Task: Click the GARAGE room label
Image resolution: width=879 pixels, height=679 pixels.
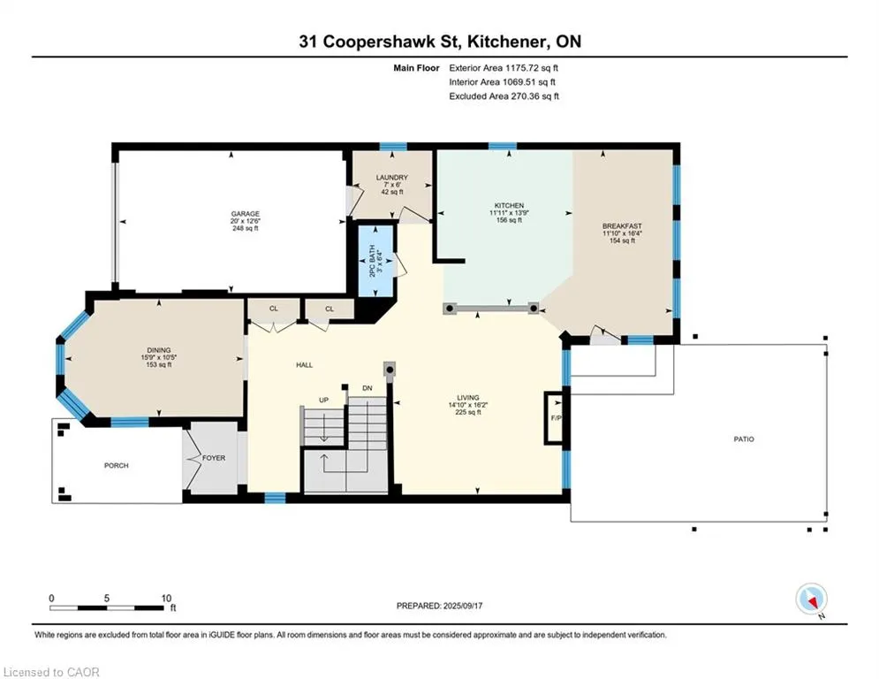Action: point(246,214)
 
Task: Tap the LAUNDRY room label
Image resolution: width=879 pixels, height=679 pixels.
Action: point(392,178)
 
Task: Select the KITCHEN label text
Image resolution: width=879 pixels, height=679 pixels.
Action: point(509,205)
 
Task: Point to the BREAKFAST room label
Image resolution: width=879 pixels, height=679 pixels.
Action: point(622,226)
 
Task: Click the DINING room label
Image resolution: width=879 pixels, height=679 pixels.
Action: point(159,350)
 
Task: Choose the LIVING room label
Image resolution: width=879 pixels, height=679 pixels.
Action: point(467,397)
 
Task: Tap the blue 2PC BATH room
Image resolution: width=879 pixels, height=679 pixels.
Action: point(375,261)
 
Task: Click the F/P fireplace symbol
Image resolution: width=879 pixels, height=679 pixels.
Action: point(556,418)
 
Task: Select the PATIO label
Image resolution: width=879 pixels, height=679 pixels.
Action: point(744,439)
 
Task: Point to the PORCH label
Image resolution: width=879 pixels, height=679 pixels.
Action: point(116,465)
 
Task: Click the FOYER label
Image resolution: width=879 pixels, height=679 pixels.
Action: point(214,458)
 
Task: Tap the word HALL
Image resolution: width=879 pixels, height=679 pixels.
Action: point(305,365)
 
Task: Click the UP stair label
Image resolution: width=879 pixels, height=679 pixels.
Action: point(323,401)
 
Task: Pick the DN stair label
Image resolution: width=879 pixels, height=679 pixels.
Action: point(368,388)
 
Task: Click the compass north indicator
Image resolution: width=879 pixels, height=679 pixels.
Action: point(812,599)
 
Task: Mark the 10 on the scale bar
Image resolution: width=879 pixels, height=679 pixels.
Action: point(166,599)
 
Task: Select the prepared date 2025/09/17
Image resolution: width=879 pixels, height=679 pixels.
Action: point(463,606)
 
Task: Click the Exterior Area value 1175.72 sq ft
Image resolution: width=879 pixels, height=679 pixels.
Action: point(532,68)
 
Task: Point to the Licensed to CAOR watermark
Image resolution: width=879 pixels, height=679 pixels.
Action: point(51,672)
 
